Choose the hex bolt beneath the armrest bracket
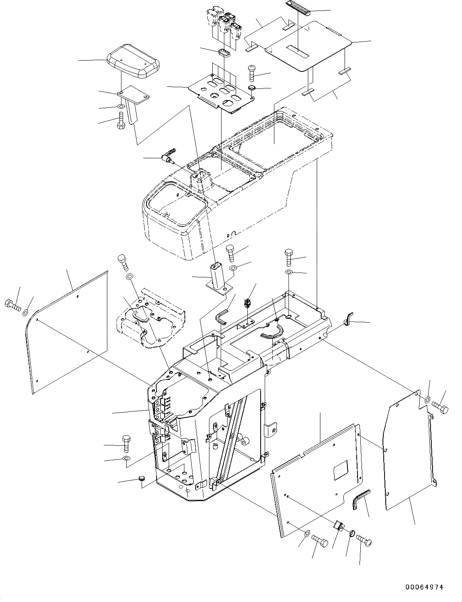tap(121, 121)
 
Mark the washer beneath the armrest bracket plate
tap(121, 106)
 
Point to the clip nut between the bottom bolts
tap(339, 526)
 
